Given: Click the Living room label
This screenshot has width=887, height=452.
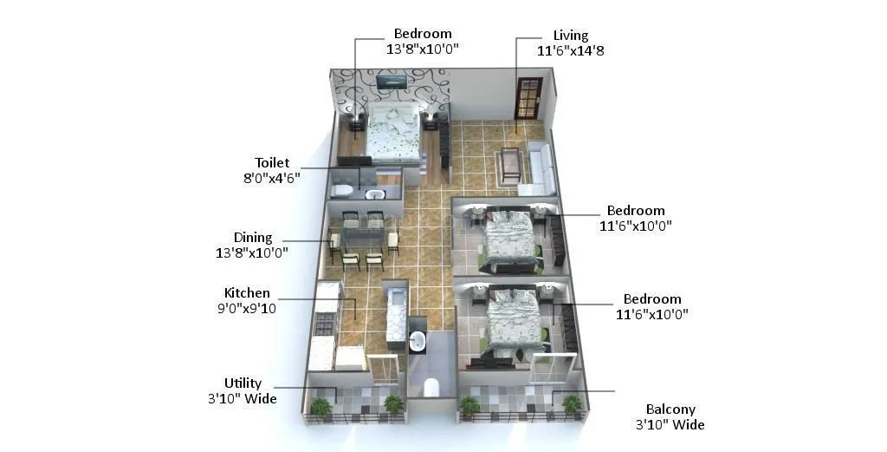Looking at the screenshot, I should (x=571, y=36).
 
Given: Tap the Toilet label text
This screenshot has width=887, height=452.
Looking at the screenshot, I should (x=272, y=163).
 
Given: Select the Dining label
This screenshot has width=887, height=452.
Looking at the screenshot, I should (x=253, y=238).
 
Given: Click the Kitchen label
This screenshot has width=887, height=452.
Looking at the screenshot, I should (x=247, y=293).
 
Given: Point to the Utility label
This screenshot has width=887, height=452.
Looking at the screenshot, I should (x=243, y=383).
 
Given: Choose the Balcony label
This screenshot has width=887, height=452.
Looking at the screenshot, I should (x=670, y=409).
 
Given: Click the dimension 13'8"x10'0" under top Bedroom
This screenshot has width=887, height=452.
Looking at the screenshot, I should (x=422, y=49).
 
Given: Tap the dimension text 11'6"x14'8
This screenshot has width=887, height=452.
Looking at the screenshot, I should (x=571, y=50).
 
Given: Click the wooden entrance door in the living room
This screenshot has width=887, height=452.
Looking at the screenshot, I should (x=527, y=97).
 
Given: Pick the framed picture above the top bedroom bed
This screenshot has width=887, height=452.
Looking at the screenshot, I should (x=391, y=82).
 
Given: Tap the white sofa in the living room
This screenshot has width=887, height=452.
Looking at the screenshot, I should (x=541, y=167).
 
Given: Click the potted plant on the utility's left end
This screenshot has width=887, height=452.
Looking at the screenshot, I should (x=320, y=406).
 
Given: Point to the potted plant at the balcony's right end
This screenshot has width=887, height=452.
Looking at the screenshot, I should (x=571, y=403).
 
